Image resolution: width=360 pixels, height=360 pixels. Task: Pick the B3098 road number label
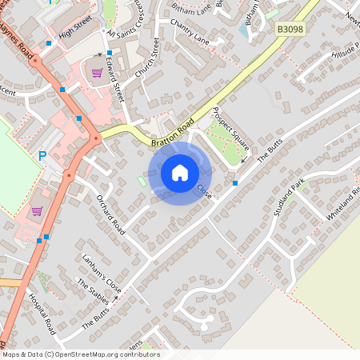(290, 29)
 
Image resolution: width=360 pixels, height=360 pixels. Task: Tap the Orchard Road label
(111, 214)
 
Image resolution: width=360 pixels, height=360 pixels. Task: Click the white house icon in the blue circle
(179, 173)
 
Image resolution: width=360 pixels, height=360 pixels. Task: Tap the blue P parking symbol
(42, 156)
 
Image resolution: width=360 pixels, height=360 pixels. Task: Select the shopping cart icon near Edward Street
(97, 72)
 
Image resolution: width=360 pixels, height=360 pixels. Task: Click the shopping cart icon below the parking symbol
(37, 212)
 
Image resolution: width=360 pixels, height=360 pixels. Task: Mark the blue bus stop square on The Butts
(235, 182)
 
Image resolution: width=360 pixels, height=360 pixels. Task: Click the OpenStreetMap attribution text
(81, 354)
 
